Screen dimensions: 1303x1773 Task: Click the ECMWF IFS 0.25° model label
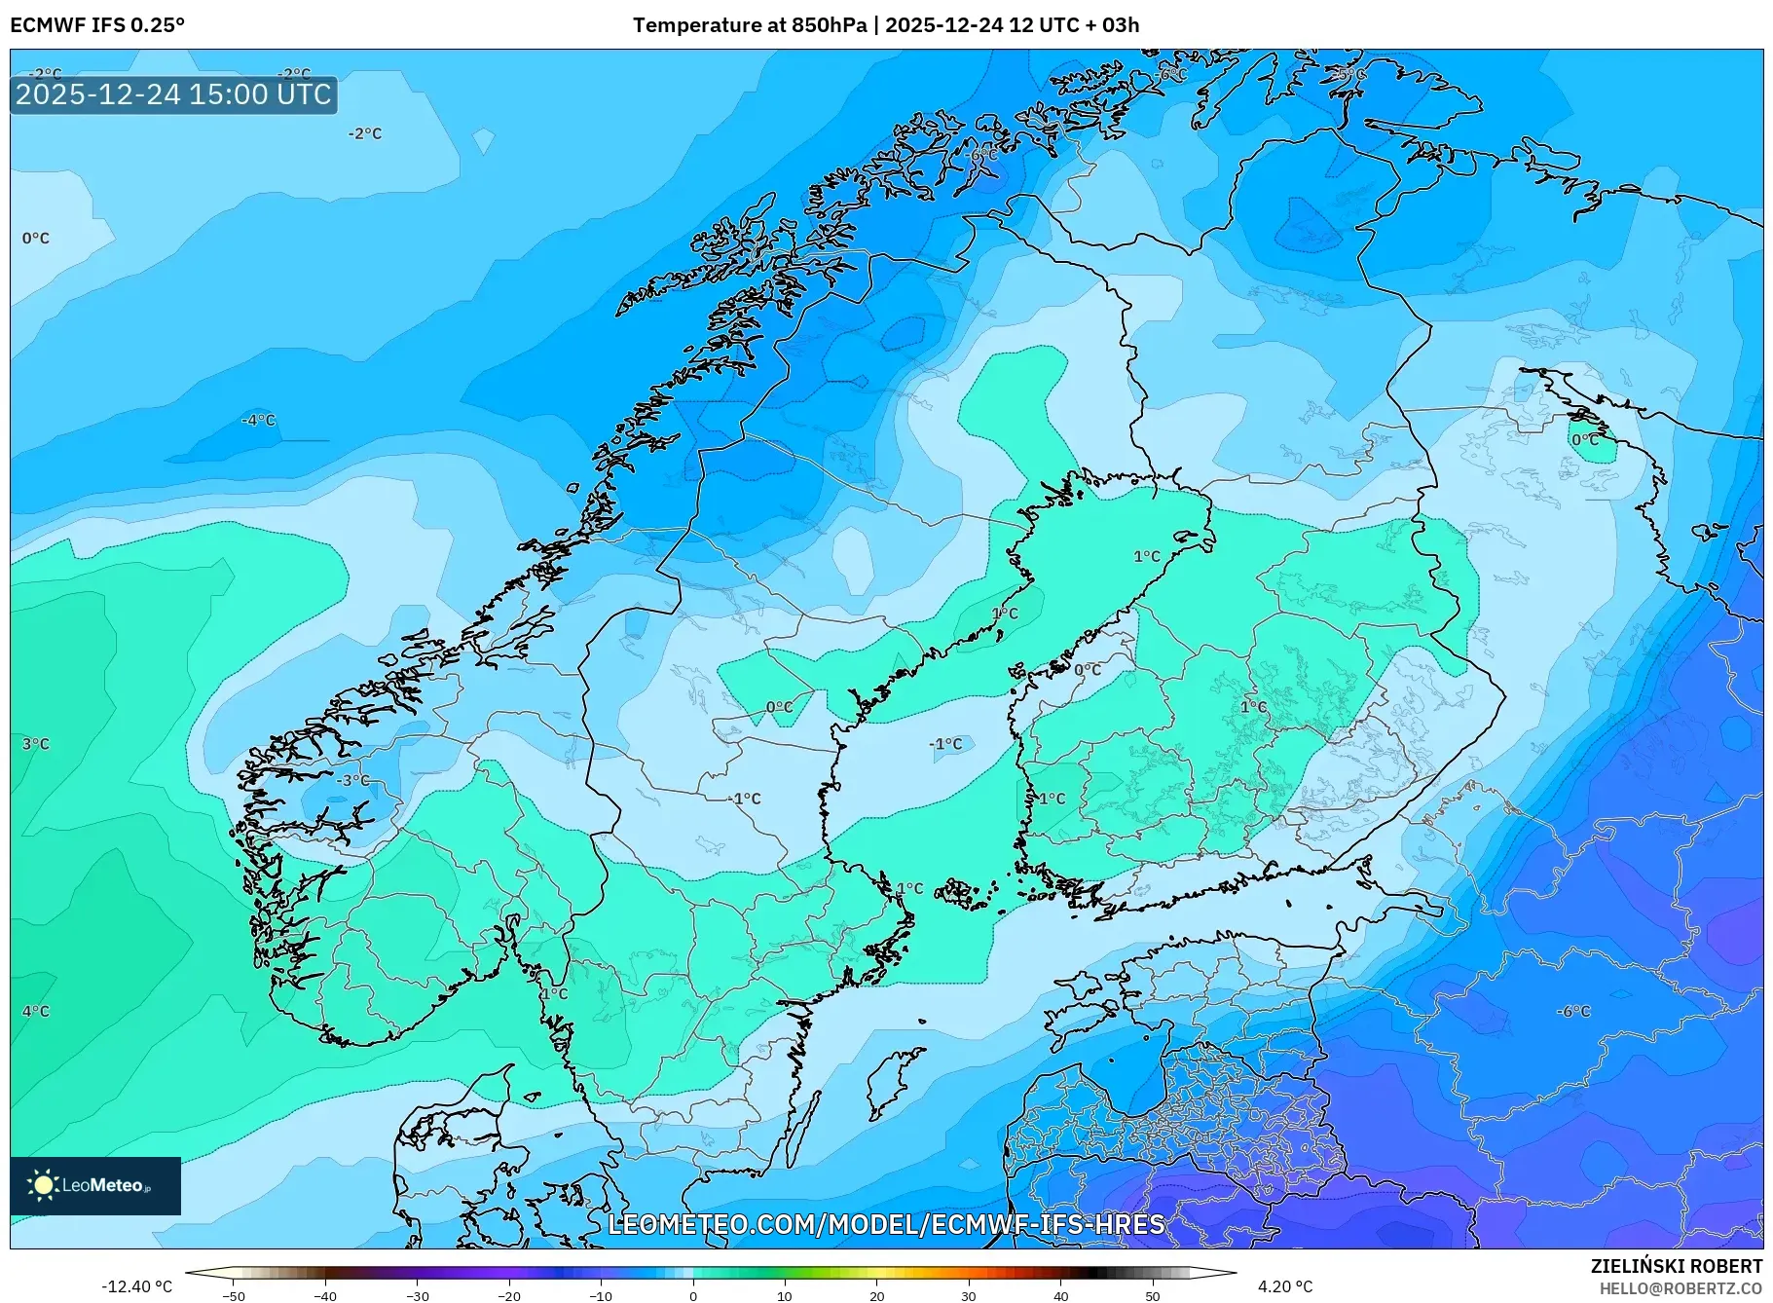click(96, 25)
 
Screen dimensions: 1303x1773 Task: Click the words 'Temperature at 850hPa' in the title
click(749, 25)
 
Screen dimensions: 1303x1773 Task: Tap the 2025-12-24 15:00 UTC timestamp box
click(173, 94)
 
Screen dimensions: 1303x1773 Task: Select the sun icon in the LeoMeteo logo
click(43, 1184)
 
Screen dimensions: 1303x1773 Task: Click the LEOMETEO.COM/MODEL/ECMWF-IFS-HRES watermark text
click(886, 1224)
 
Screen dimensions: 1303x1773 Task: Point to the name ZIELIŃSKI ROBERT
click(1676, 1266)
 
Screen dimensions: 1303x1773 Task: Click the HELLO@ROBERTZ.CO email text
click(1681, 1288)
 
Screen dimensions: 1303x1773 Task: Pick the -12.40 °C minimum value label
click(136, 1286)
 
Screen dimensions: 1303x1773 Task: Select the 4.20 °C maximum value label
click(1284, 1286)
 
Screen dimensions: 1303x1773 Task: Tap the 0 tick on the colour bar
click(693, 1295)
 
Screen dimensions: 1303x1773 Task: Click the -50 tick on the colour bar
click(234, 1295)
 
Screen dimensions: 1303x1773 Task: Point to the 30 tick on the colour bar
click(969, 1295)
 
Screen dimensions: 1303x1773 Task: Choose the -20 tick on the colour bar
click(509, 1295)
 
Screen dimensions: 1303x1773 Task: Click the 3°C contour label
click(36, 744)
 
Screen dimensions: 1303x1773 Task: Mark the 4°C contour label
click(36, 1012)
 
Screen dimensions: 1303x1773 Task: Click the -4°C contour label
click(259, 421)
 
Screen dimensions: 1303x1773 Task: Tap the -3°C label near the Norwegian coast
click(353, 780)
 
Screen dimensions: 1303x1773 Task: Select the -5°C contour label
click(1350, 74)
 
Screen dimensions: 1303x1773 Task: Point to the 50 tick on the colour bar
click(1153, 1295)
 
